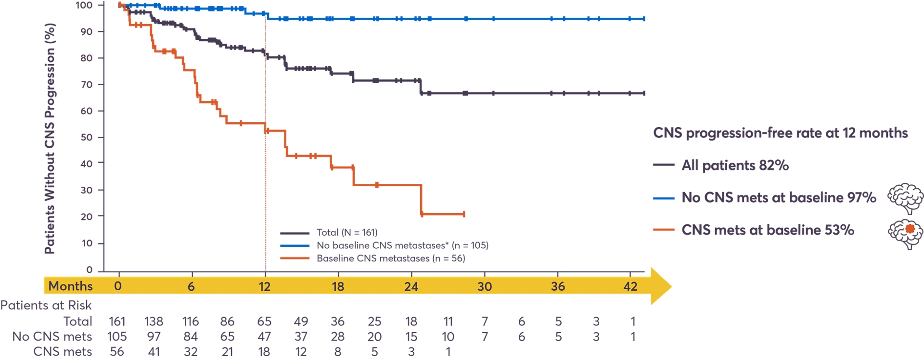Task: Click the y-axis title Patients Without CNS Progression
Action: tap(50, 139)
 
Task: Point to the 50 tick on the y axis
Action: tap(87, 137)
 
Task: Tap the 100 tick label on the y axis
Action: tap(84, 5)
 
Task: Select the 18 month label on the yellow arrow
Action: tap(338, 287)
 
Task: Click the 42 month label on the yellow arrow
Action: tap(630, 287)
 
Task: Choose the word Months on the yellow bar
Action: tap(70, 286)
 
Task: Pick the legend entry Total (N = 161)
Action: tap(347, 232)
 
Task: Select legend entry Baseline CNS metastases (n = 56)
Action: tap(391, 258)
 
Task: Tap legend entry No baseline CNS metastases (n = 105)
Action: tap(402, 245)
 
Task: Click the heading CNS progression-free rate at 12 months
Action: tap(780, 133)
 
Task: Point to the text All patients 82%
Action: tap(735, 166)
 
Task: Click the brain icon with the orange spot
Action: tap(906, 233)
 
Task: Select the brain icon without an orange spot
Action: tap(906, 198)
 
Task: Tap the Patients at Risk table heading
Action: tap(46, 305)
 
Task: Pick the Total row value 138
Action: tap(154, 321)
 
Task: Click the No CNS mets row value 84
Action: tap(191, 337)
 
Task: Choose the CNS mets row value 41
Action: tap(154, 352)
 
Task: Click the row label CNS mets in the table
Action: tap(63, 352)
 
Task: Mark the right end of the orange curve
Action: tap(464, 214)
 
